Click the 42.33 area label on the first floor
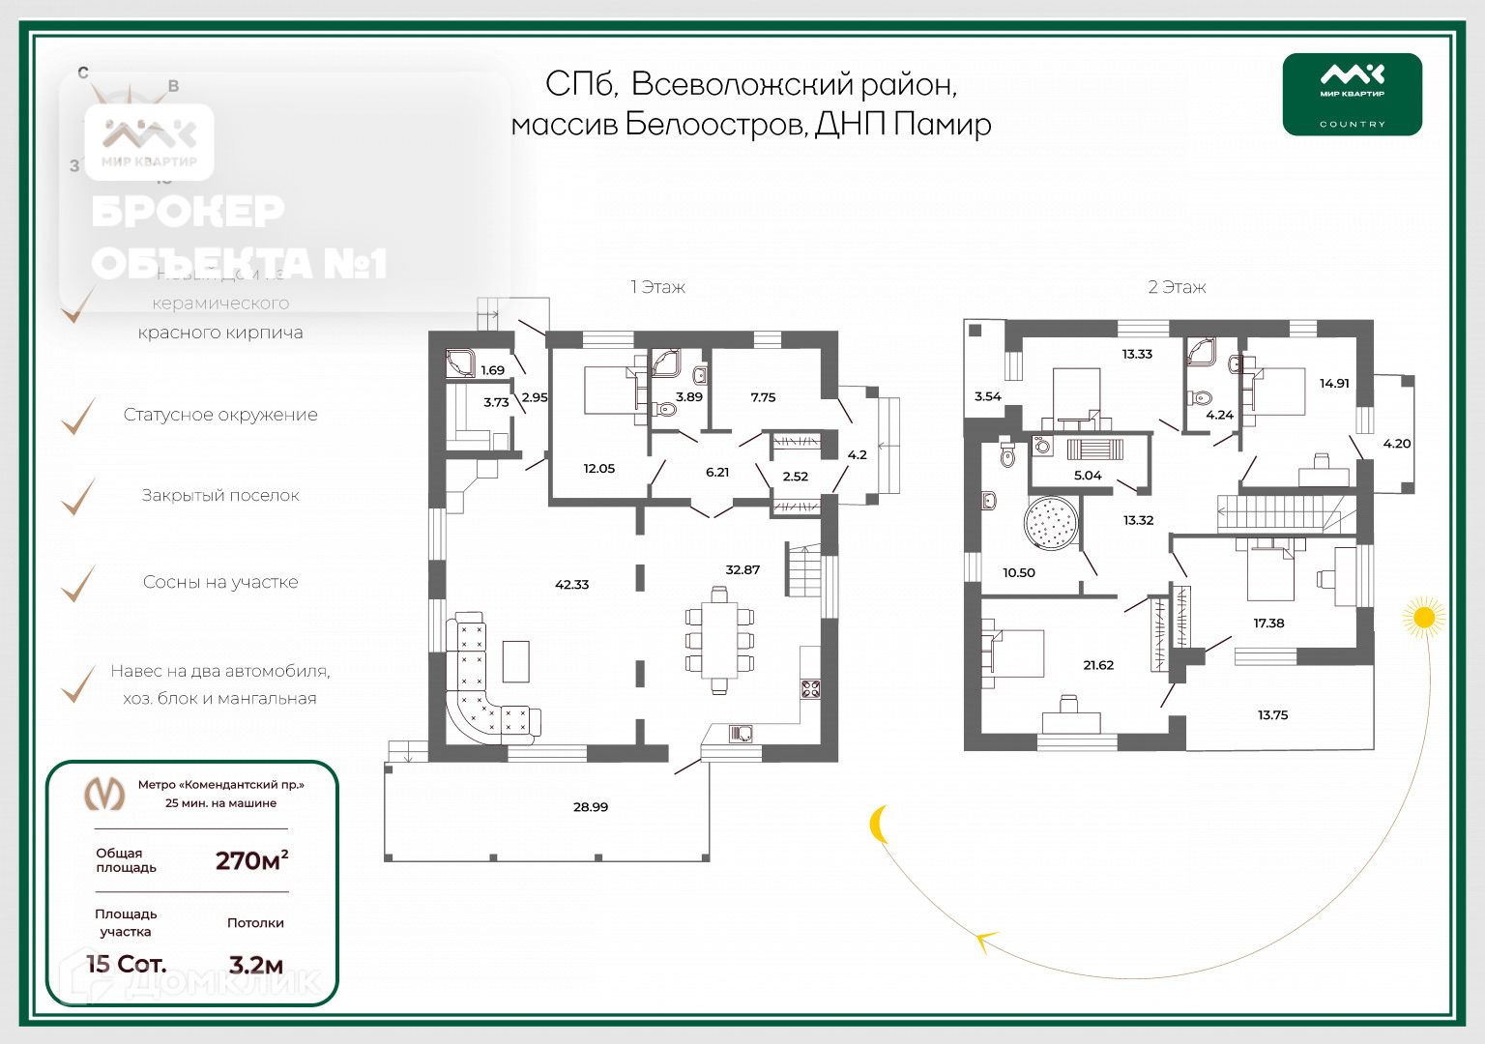pyautogui.click(x=572, y=585)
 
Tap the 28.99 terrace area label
pyautogui.click(x=591, y=807)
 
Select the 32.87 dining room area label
pyautogui.click(x=742, y=570)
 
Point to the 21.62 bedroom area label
pyautogui.click(x=1098, y=665)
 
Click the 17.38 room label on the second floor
pyautogui.click(x=1268, y=623)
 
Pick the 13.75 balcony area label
pyautogui.click(x=1272, y=715)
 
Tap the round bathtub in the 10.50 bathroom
pyautogui.click(x=1050, y=524)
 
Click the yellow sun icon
pyautogui.click(x=1423, y=618)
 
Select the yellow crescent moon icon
pyautogui.click(x=879, y=825)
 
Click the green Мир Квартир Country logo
pyautogui.click(x=1352, y=94)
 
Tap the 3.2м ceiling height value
pyautogui.click(x=256, y=965)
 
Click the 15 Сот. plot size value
pyautogui.click(x=127, y=964)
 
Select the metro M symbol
pyautogui.click(x=104, y=794)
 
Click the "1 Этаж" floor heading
pyautogui.click(x=657, y=287)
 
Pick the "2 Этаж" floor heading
pyautogui.click(x=1177, y=287)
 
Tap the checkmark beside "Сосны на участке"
pyautogui.click(x=78, y=583)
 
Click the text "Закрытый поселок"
pyautogui.click(x=220, y=496)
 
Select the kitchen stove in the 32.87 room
pyautogui.click(x=810, y=689)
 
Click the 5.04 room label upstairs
pyautogui.click(x=1088, y=476)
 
